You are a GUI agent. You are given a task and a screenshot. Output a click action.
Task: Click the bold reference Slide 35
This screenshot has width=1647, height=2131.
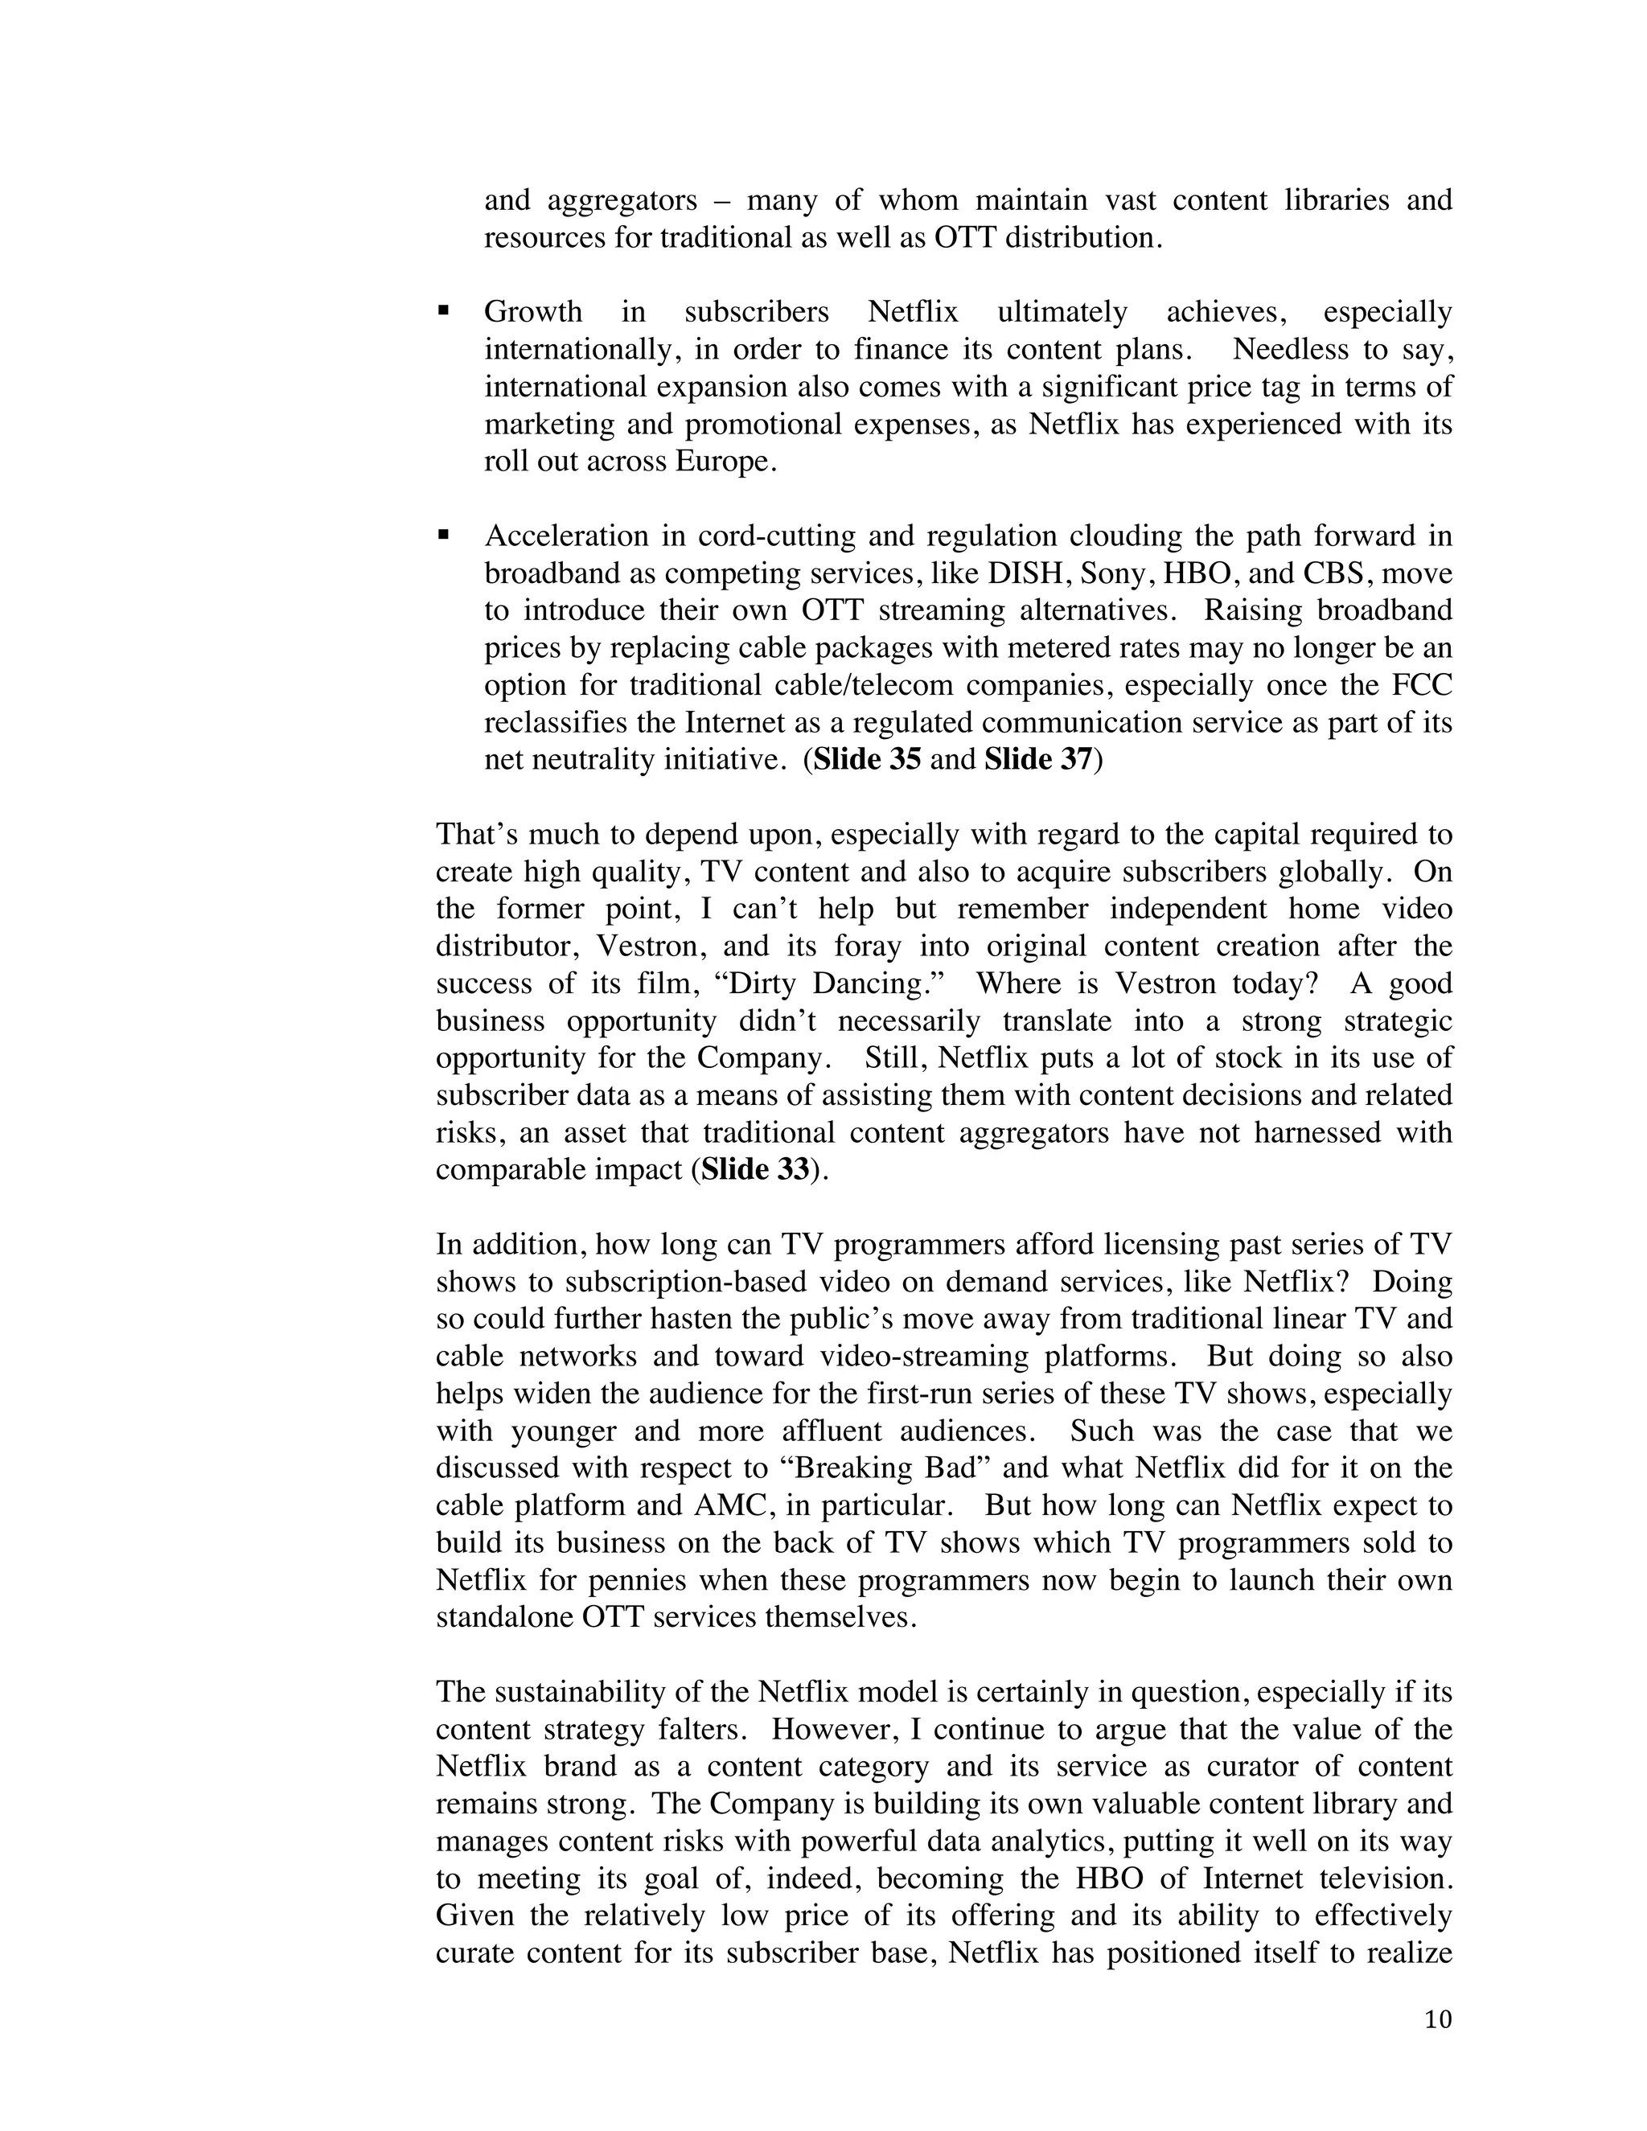click(866, 759)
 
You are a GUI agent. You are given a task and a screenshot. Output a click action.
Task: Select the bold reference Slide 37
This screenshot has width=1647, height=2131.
click(1038, 759)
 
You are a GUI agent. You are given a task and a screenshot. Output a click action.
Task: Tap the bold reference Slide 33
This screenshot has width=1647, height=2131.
click(755, 1169)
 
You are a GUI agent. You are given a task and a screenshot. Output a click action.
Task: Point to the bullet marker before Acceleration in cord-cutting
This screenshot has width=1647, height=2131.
click(444, 536)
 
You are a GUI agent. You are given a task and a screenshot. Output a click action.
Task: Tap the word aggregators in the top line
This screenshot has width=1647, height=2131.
click(622, 201)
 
